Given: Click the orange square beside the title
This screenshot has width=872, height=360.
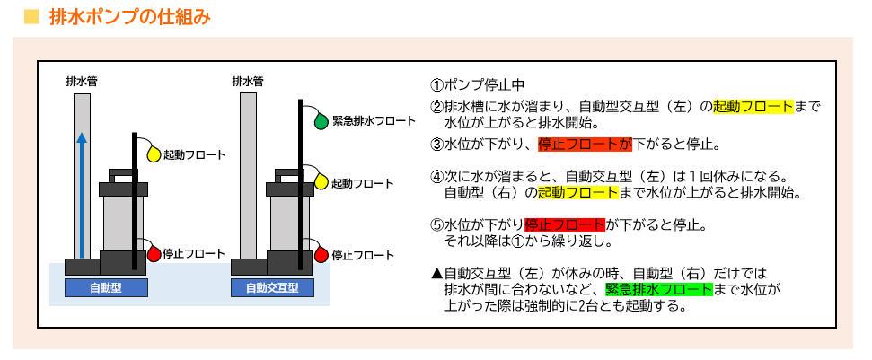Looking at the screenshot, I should [30, 16].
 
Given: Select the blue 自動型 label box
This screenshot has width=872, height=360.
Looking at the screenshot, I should [106, 288].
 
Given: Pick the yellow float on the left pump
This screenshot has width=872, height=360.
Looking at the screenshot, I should [153, 154].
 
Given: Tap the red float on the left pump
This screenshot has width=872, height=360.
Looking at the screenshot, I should [153, 254].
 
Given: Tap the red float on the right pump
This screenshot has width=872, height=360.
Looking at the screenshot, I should [321, 254].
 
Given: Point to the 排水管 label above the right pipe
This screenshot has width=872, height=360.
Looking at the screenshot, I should [248, 81].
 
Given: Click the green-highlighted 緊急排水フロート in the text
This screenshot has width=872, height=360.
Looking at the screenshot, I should [658, 289].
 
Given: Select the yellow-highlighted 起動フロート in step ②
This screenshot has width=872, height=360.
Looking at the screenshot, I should [753, 106].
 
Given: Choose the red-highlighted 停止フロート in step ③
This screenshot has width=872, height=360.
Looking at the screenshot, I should [585, 144].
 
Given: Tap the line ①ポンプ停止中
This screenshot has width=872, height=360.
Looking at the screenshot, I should [477, 85].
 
